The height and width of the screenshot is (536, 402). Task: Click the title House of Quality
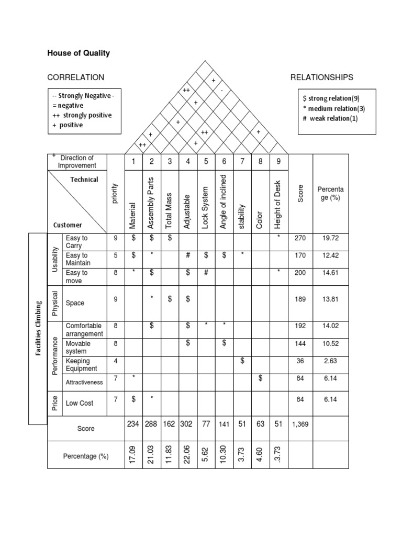79,53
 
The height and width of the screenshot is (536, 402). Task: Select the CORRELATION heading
75,77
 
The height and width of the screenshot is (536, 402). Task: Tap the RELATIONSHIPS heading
321,77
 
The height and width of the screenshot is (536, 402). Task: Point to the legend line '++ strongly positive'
82,115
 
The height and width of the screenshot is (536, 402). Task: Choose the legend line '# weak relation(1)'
330,118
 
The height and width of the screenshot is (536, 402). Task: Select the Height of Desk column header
278,202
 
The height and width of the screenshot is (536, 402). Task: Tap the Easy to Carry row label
77,242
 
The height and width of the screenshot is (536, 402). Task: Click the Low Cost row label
79,404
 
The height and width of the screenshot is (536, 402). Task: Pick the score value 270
300,238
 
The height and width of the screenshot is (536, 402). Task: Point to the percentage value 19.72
330,238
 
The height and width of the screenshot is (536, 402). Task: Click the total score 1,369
300,424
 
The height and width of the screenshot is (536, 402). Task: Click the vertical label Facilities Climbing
38,329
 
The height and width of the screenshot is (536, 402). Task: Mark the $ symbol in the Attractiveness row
260,378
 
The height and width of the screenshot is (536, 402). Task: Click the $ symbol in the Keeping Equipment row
242,361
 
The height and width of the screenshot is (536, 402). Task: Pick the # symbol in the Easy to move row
206,273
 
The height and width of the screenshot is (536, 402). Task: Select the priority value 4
116,361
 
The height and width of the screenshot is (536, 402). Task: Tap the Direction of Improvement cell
77,162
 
